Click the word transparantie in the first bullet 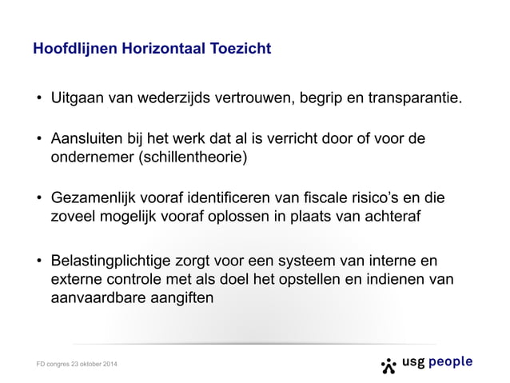pyautogui.click(x=415, y=101)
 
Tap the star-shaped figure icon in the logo pyautogui.click(x=389, y=365)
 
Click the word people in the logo pyautogui.click(x=451, y=362)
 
